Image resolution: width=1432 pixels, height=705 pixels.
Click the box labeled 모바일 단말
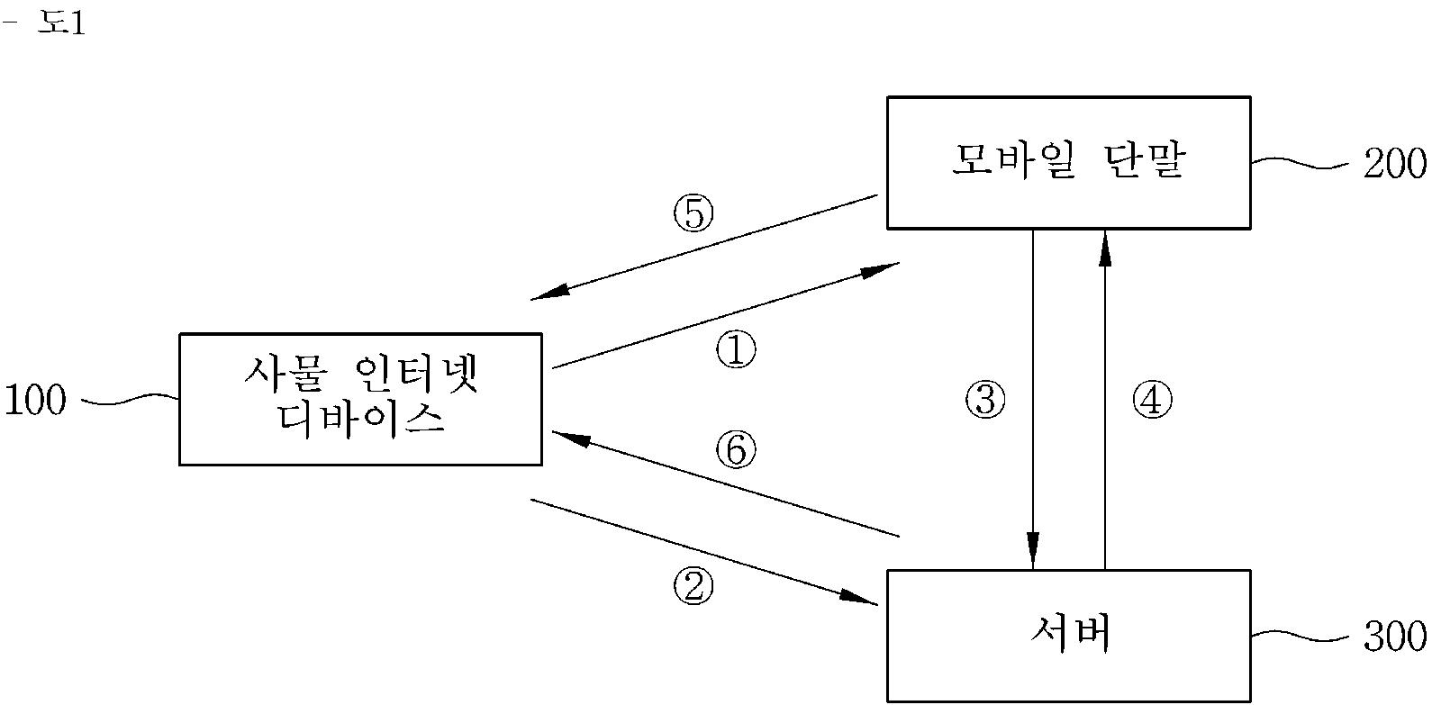[x=1068, y=162]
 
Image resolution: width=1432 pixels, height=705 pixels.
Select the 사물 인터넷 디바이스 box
[x=360, y=399]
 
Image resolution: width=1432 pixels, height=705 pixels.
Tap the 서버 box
[x=1068, y=635]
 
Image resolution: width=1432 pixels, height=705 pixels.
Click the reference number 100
[x=36, y=401]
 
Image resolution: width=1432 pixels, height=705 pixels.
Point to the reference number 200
[x=1394, y=164]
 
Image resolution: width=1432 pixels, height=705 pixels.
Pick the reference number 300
[x=1394, y=637]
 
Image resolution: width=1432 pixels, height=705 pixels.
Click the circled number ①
[x=736, y=350]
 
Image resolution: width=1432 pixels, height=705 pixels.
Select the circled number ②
[x=693, y=587]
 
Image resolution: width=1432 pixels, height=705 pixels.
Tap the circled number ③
[x=984, y=399]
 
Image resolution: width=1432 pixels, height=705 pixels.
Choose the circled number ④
[x=1152, y=399]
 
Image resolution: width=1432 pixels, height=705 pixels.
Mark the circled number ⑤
[x=693, y=214]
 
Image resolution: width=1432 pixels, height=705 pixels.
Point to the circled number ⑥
[x=736, y=450]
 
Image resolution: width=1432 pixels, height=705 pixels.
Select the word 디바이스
[x=360, y=421]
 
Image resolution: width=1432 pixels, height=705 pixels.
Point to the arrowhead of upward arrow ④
[x=1105, y=247]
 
